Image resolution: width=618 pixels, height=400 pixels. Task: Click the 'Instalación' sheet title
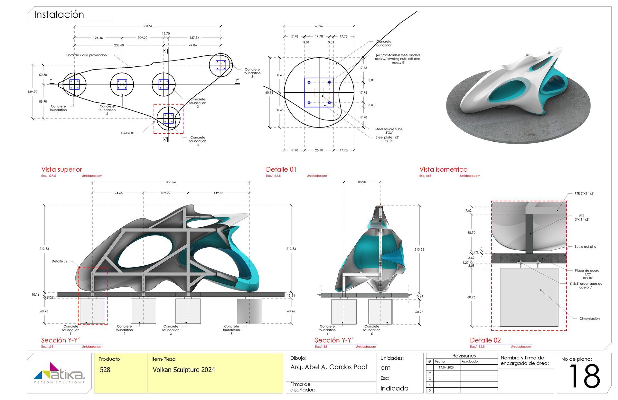click(x=59, y=14)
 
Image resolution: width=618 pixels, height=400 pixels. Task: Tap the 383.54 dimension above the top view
click(x=147, y=26)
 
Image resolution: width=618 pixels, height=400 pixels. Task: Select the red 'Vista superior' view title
click(x=61, y=169)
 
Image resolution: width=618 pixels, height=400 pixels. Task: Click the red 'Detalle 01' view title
click(x=281, y=169)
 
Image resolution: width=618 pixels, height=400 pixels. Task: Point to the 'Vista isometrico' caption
click(x=443, y=169)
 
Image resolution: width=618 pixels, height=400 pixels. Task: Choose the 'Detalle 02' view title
click(x=485, y=340)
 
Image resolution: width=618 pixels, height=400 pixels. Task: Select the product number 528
click(x=105, y=370)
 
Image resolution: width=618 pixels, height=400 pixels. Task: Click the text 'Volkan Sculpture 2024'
click(x=184, y=370)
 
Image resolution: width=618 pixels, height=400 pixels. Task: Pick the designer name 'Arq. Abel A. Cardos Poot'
click(x=329, y=367)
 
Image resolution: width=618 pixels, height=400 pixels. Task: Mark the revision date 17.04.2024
click(x=446, y=367)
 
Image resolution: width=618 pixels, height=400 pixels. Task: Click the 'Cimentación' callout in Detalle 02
click(x=589, y=319)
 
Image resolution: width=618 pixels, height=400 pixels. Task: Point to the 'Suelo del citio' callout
click(x=585, y=247)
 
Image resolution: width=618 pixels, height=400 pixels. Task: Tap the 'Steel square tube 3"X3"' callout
click(x=389, y=131)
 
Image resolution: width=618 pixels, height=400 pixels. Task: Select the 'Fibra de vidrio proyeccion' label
click(x=86, y=55)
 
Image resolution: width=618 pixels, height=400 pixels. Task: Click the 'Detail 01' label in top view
click(x=128, y=133)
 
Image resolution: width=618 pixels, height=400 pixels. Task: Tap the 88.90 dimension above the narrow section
click(x=362, y=182)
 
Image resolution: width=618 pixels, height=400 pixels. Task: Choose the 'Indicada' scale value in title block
click(x=394, y=388)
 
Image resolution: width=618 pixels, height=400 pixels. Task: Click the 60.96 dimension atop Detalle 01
click(x=319, y=26)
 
